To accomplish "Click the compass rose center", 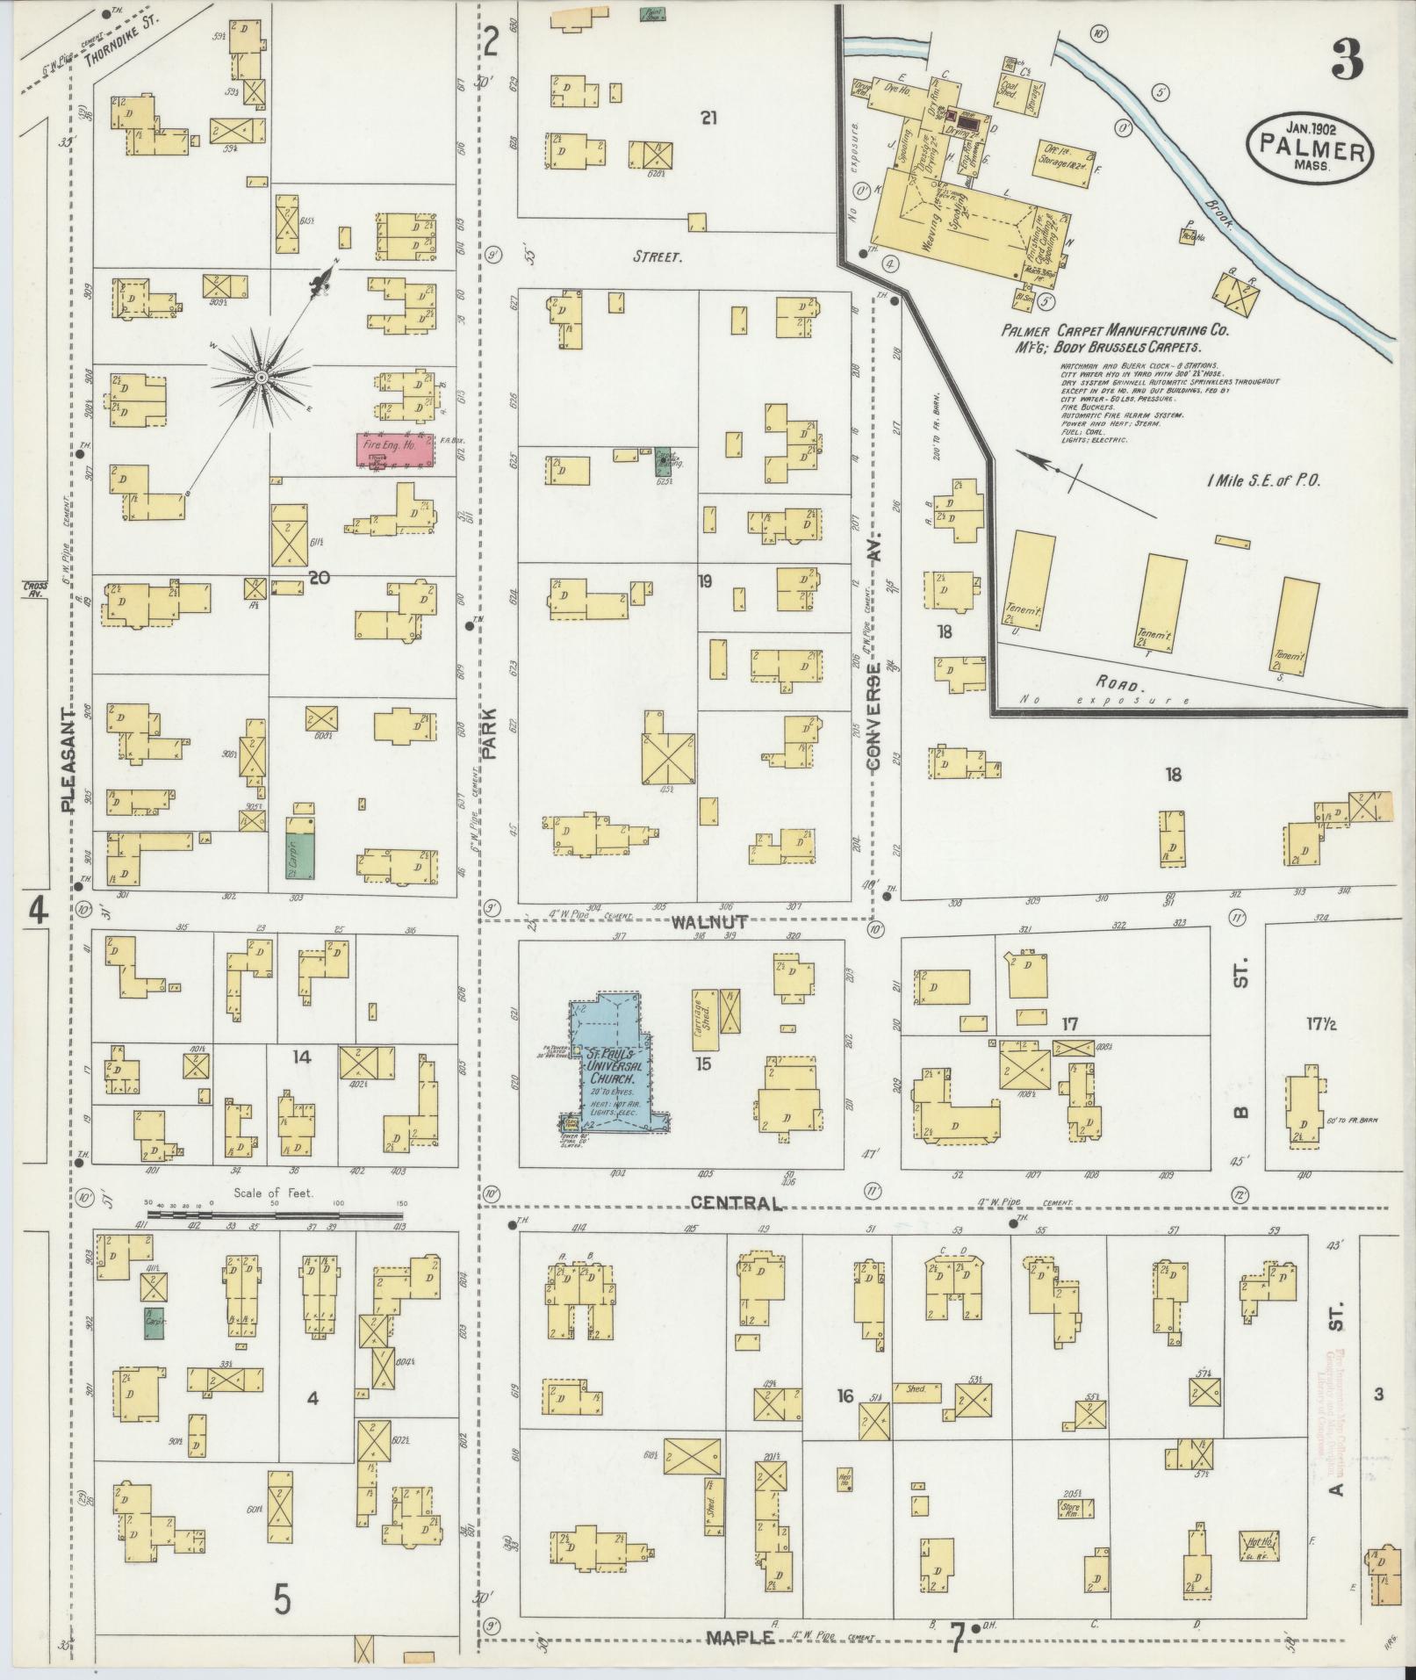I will click(x=261, y=377).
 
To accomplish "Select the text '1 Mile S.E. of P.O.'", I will click(x=1263, y=480).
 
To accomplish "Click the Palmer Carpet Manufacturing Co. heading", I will click(x=1114, y=332).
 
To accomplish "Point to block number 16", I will click(x=845, y=1395).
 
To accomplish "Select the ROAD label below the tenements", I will click(x=1118, y=684).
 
